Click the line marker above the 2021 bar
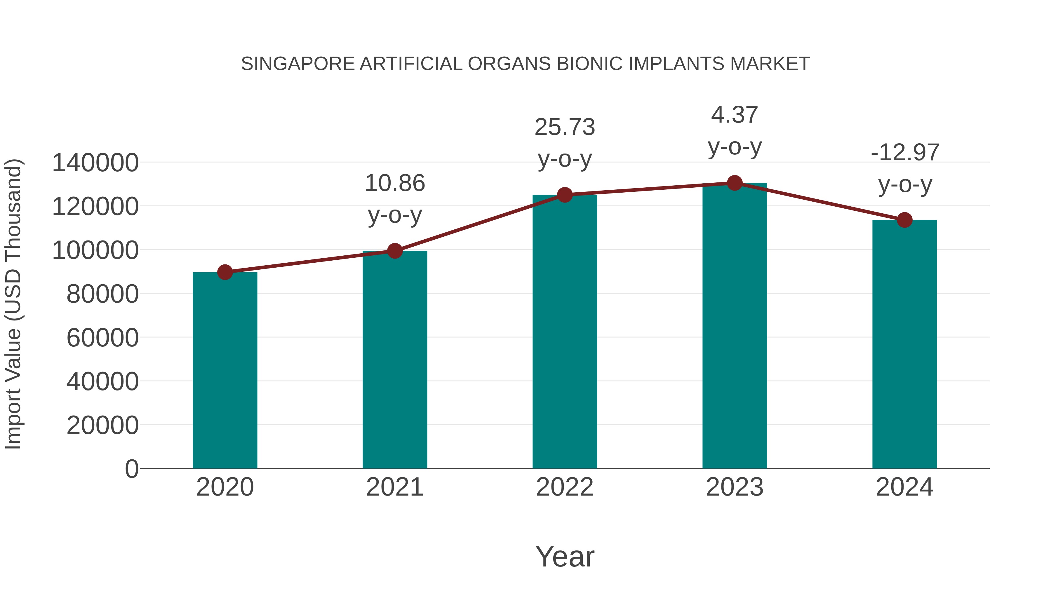(x=394, y=251)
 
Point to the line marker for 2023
(x=735, y=183)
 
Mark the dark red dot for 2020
(x=225, y=272)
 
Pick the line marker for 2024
(x=904, y=220)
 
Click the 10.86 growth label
(x=394, y=183)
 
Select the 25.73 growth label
(x=565, y=127)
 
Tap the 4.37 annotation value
(x=735, y=115)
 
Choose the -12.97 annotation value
(x=904, y=153)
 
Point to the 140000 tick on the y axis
(x=95, y=163)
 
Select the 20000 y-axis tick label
(x=102, y=426)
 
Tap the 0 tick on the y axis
(x=132, y=469)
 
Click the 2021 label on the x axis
(x=394, y=487)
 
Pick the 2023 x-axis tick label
(x=735, y=487)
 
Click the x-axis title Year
(x=565, y=556)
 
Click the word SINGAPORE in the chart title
(x=298, y=64)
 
